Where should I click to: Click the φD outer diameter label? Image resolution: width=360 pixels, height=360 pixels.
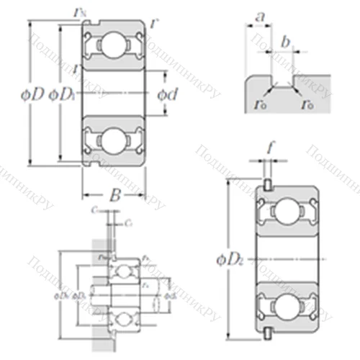[34, 94]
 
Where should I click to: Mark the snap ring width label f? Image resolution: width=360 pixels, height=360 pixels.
[270, 150]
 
